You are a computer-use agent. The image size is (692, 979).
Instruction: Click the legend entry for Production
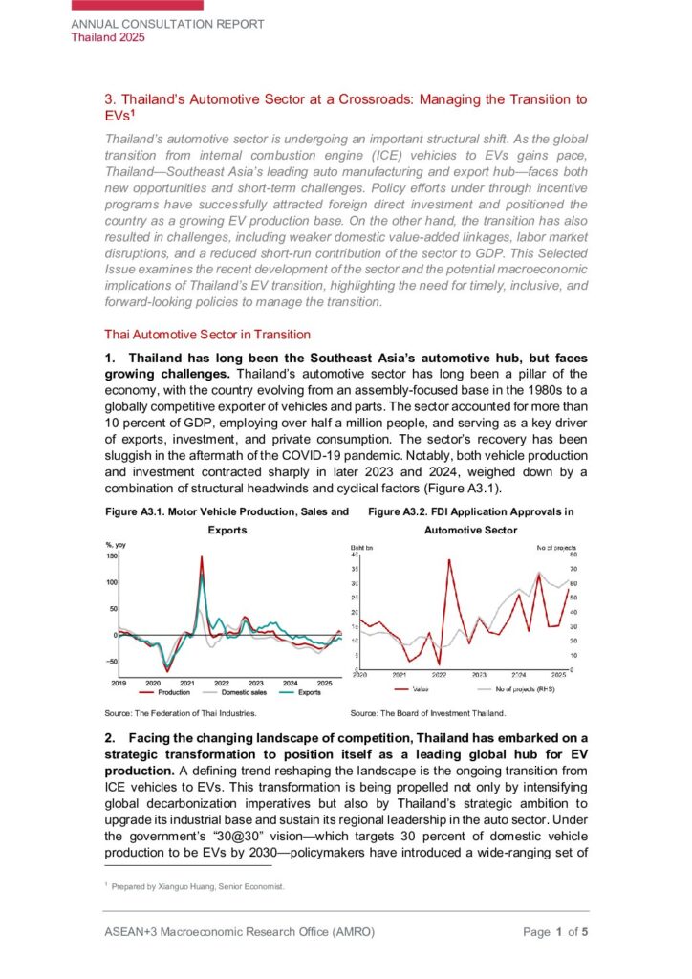[169, 692]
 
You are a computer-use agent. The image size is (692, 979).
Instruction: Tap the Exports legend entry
[303, 692]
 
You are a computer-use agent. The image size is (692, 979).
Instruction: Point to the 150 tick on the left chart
[111, 555]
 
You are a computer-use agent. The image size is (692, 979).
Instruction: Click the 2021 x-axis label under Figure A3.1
[187, 683]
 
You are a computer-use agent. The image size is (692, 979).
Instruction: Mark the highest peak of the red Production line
[202, 557]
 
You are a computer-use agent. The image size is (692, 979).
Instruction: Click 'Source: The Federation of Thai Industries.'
[181, 713]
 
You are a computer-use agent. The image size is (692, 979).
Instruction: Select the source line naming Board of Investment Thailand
[427, 713]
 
